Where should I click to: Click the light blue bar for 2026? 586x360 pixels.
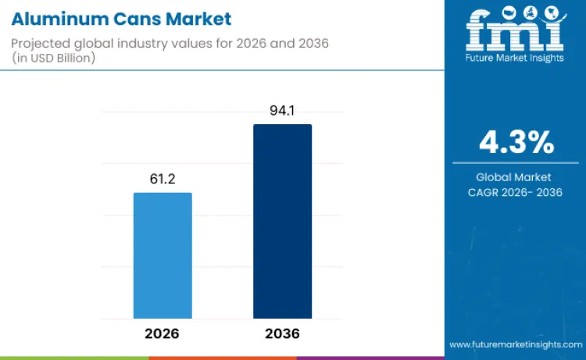163,255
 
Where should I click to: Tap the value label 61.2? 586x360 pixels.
163,180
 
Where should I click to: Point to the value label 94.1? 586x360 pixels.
282,111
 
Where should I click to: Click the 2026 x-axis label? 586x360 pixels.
162,333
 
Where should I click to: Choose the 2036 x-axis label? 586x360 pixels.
282,333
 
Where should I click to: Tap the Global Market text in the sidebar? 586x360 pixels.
515,177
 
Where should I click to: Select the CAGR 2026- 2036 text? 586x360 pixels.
515,192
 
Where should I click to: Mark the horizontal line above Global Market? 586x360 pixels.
515,163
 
